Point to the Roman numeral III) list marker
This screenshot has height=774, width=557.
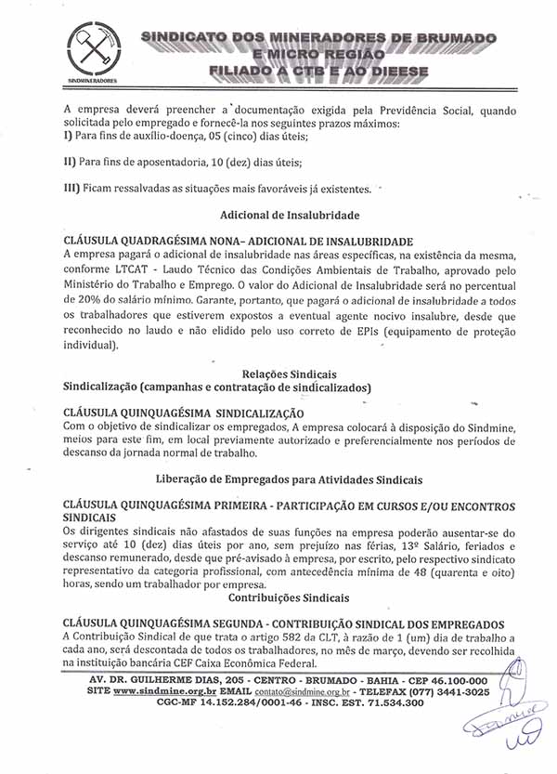pyautogui.click(x=73, y=189)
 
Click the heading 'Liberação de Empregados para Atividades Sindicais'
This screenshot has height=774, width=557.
pyautogui.click(x=290, y=479)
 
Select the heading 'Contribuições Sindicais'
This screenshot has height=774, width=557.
pyautogui.click(x=289, y=597)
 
